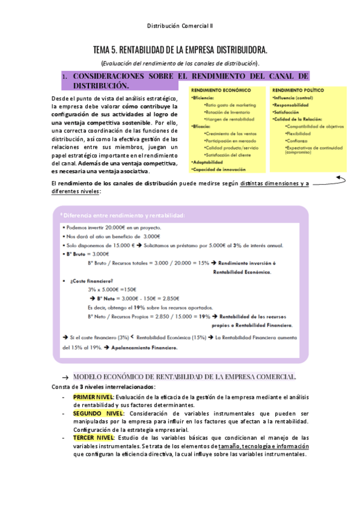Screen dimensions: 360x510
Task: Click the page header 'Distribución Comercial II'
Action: coord(180,27)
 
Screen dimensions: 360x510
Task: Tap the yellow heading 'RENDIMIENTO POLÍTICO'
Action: coord(297,91)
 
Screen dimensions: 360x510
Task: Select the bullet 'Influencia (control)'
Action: coord(293,97)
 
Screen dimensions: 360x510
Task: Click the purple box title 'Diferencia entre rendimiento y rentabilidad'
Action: coord(123,215)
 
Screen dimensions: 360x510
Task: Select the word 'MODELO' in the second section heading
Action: coord(91,376)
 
